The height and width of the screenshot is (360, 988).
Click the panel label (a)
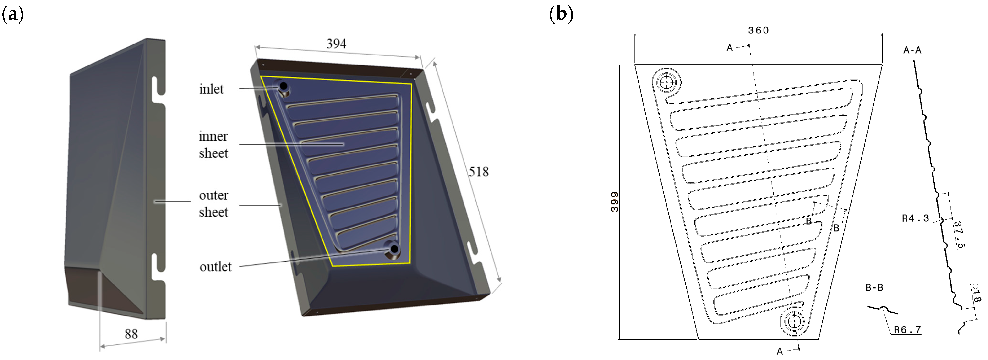point(13,15)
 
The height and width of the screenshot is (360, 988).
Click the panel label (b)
point(561,15)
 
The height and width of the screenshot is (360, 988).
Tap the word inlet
point(211,89)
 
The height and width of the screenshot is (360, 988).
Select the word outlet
point(216,267)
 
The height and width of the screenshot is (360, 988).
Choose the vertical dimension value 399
point(614,202)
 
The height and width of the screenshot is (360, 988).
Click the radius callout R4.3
point(915,218)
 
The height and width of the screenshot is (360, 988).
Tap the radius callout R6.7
point(907,330)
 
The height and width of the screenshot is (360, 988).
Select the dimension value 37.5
point(960,235)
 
